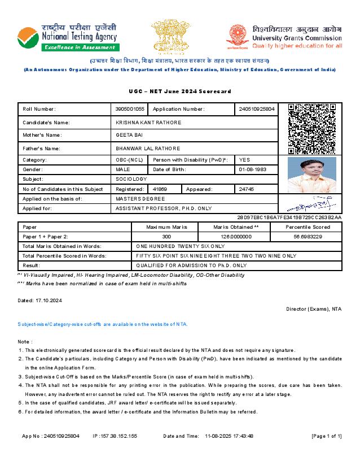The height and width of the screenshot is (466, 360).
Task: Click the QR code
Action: click(x=311, y=129)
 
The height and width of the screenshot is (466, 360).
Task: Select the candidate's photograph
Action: click(x=311, y=175)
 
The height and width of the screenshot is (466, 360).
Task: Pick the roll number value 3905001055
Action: click(x=130, y=109)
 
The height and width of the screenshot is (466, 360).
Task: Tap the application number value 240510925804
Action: click(x=257, y=109)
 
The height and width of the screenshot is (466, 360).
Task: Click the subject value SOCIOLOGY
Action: click(x=131, y=178)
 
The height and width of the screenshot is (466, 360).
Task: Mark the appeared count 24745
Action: click(x=247, y=189)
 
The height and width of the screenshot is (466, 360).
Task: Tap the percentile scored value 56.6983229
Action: click(x=308, y=237)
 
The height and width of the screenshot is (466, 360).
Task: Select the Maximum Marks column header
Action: click(x=166, y=227)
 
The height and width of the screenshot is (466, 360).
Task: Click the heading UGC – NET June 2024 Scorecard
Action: click(x=180, y=91)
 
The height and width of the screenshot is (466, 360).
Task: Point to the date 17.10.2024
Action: click(x=48, y=300)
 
